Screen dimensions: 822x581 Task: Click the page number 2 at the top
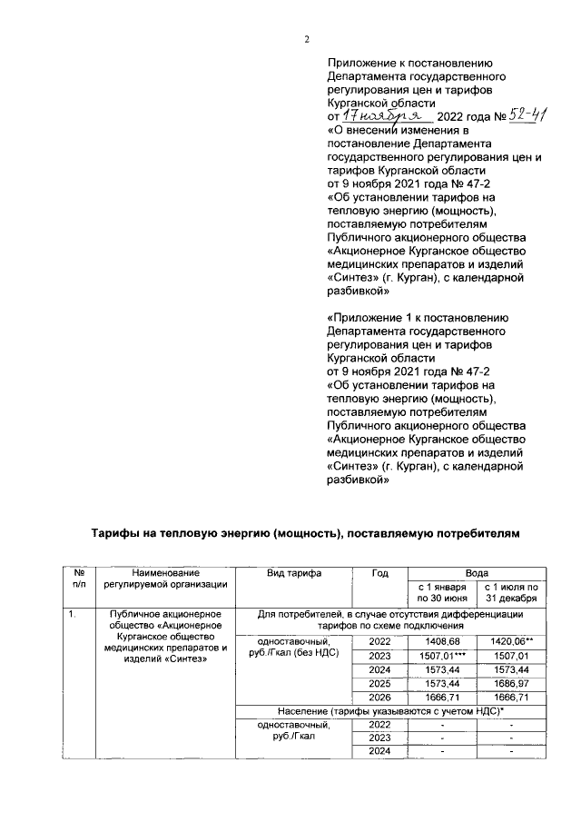307,39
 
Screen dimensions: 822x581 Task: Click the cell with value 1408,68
442,642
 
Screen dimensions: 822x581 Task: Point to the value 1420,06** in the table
512,642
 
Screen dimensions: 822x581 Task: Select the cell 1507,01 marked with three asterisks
442,658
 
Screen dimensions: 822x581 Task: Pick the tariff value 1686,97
512,688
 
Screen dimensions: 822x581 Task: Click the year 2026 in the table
382,704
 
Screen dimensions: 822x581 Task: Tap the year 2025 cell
382,688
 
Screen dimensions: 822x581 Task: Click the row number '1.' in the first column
72,617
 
